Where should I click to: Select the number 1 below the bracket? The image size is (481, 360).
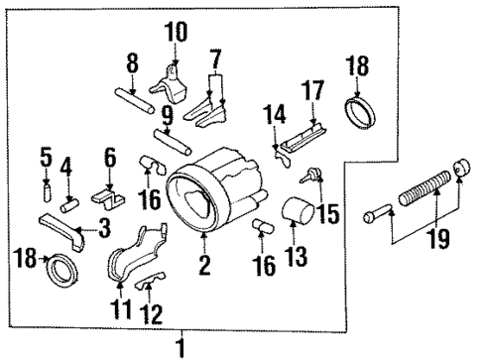(180, 348)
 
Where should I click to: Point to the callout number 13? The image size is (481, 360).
(293, 259)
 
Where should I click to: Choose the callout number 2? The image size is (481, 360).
(202, 265)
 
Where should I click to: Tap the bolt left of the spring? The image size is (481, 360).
(381, 211)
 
